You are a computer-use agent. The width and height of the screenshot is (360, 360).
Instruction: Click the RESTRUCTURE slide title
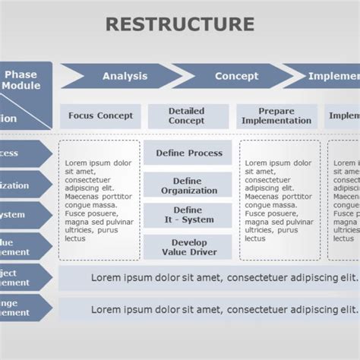pos(179,24)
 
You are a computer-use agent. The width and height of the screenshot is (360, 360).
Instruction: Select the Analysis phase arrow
pos(125,76)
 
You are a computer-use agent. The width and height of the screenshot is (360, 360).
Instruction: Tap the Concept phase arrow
pos(236,76)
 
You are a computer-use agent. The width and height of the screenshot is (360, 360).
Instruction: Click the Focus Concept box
pos(100,116)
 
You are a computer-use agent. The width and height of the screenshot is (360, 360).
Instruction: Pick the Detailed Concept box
pos(187,116)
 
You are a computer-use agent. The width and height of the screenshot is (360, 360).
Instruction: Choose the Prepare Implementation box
pos(276,116)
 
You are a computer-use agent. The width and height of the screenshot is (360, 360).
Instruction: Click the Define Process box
pos(189,153)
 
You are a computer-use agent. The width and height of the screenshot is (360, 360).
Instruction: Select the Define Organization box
pos(189,186)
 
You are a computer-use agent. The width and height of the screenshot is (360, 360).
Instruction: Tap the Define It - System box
pos(188,215)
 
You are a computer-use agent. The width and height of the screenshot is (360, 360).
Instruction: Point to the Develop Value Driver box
pos(189,247)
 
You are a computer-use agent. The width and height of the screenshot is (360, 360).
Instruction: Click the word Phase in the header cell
pos(21,74)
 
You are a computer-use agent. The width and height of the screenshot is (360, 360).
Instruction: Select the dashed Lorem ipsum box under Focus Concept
pos(99,201)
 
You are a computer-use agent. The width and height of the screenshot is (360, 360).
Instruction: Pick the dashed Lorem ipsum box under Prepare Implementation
pos(279,201)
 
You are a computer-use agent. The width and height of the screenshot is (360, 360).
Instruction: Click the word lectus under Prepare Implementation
pos(256,238)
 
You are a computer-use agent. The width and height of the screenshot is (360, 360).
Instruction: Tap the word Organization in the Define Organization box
pos(189,191)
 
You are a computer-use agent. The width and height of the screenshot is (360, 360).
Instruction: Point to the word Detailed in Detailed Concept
pos(187,111)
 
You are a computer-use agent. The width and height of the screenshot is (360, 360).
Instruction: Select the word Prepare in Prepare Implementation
pos(276,111)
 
